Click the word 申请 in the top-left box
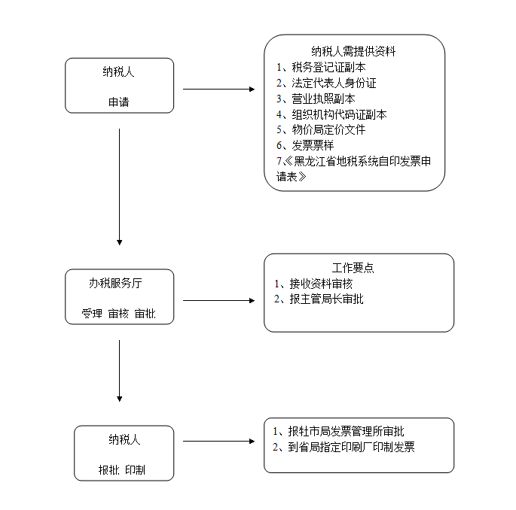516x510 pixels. click(x=119, y=102)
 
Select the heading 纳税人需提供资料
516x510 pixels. click(x=353, y=51)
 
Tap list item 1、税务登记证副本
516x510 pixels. click(x=321, y=67)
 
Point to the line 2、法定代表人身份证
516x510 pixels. click(x=326, y=83)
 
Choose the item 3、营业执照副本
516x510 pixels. click(x=316, y=99)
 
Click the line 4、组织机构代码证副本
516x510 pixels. click(x=331, y=114)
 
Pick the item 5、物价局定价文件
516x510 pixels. click(x=321, y=129)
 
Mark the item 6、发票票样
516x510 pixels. click(x=305, y=145)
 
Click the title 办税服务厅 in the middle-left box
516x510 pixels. click(x=115, y=283)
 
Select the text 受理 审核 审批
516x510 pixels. click(x=119, y=314)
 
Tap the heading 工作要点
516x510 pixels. click(x=353, y=268)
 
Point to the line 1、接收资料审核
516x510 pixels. click(x=313, y=284)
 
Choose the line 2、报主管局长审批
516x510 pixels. click(x=319, y=299)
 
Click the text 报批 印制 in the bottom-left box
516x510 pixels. click(x=122, y=470)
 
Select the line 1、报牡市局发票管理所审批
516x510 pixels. click(x=338, y=431)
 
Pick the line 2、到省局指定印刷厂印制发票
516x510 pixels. click(x=343, y=447)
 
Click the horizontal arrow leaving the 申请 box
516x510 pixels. click(x=219, y=89)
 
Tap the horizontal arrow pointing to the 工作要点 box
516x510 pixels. click(x=219, y=300)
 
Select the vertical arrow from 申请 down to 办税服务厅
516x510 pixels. click(x=120, y=187)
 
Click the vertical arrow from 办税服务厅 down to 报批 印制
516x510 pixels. click(x=120, y=371)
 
